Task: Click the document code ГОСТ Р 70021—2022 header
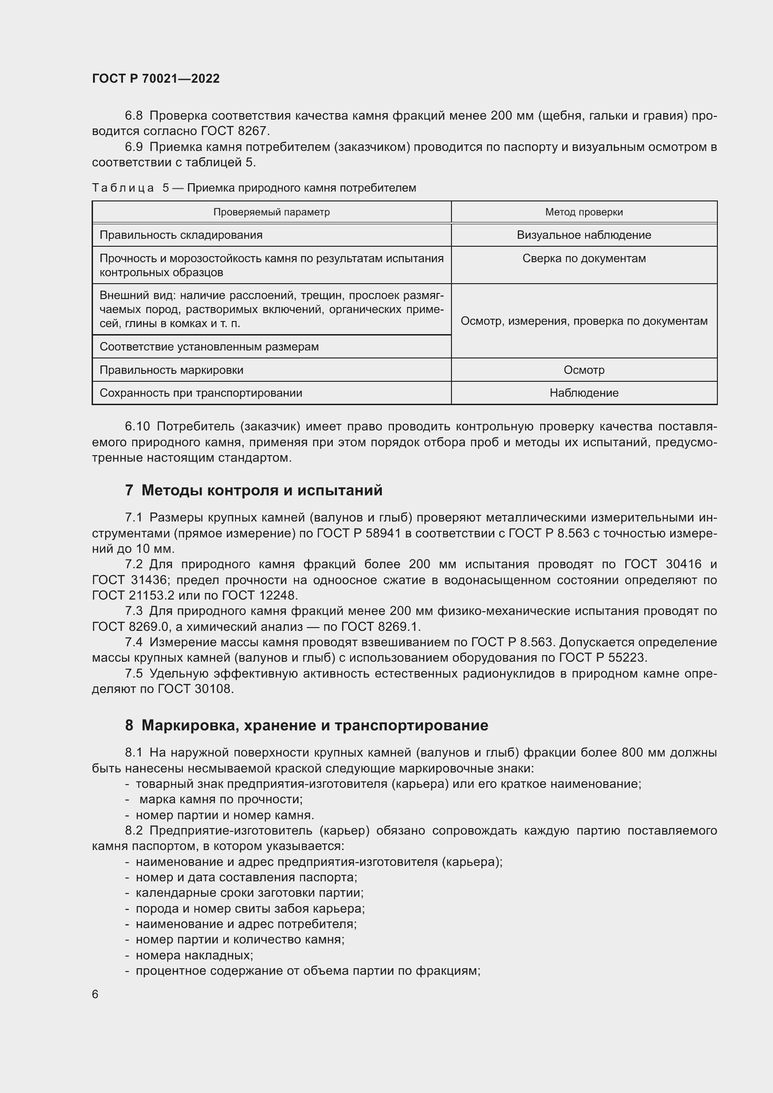156,79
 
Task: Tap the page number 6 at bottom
95,994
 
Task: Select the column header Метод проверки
584,212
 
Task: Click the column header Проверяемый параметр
272,212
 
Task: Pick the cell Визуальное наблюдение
584,235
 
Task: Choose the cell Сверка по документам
584,258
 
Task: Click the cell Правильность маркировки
172,370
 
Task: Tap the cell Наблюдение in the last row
584,393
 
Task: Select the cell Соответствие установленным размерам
209,347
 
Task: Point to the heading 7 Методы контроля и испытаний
254,490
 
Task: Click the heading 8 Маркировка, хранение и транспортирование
307,725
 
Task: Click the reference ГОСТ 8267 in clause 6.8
235,131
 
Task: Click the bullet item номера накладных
194,955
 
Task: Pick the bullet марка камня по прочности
221,799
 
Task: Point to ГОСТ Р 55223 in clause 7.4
602,657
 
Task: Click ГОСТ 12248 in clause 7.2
259,595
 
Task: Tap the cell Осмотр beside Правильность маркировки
584,370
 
